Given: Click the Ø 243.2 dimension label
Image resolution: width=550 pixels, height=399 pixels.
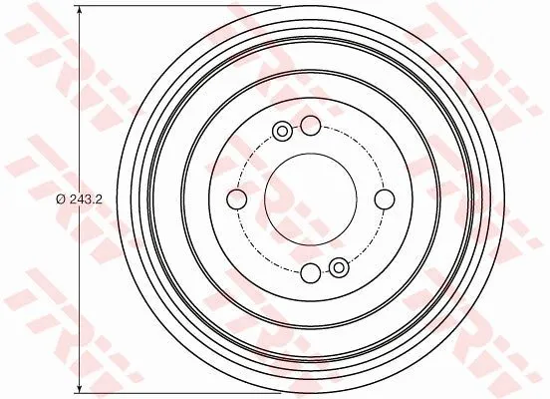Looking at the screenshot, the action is (79, 199).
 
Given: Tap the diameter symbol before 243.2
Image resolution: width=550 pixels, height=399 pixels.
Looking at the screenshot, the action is (61, 199).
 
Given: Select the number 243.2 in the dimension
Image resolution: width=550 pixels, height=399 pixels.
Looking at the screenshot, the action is (86, 199).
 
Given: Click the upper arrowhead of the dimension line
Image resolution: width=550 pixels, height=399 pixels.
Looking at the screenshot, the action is (80, 12).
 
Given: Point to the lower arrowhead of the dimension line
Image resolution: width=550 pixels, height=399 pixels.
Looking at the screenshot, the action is (80, 387).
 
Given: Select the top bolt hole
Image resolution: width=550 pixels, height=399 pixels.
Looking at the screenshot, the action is (311, 126).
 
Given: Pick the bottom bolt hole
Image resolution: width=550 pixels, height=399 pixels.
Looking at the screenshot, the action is (311, 273).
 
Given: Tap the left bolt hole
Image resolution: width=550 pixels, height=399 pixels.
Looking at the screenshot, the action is (237, 199).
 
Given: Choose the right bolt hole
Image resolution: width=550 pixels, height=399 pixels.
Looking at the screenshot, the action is (385, 199).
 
